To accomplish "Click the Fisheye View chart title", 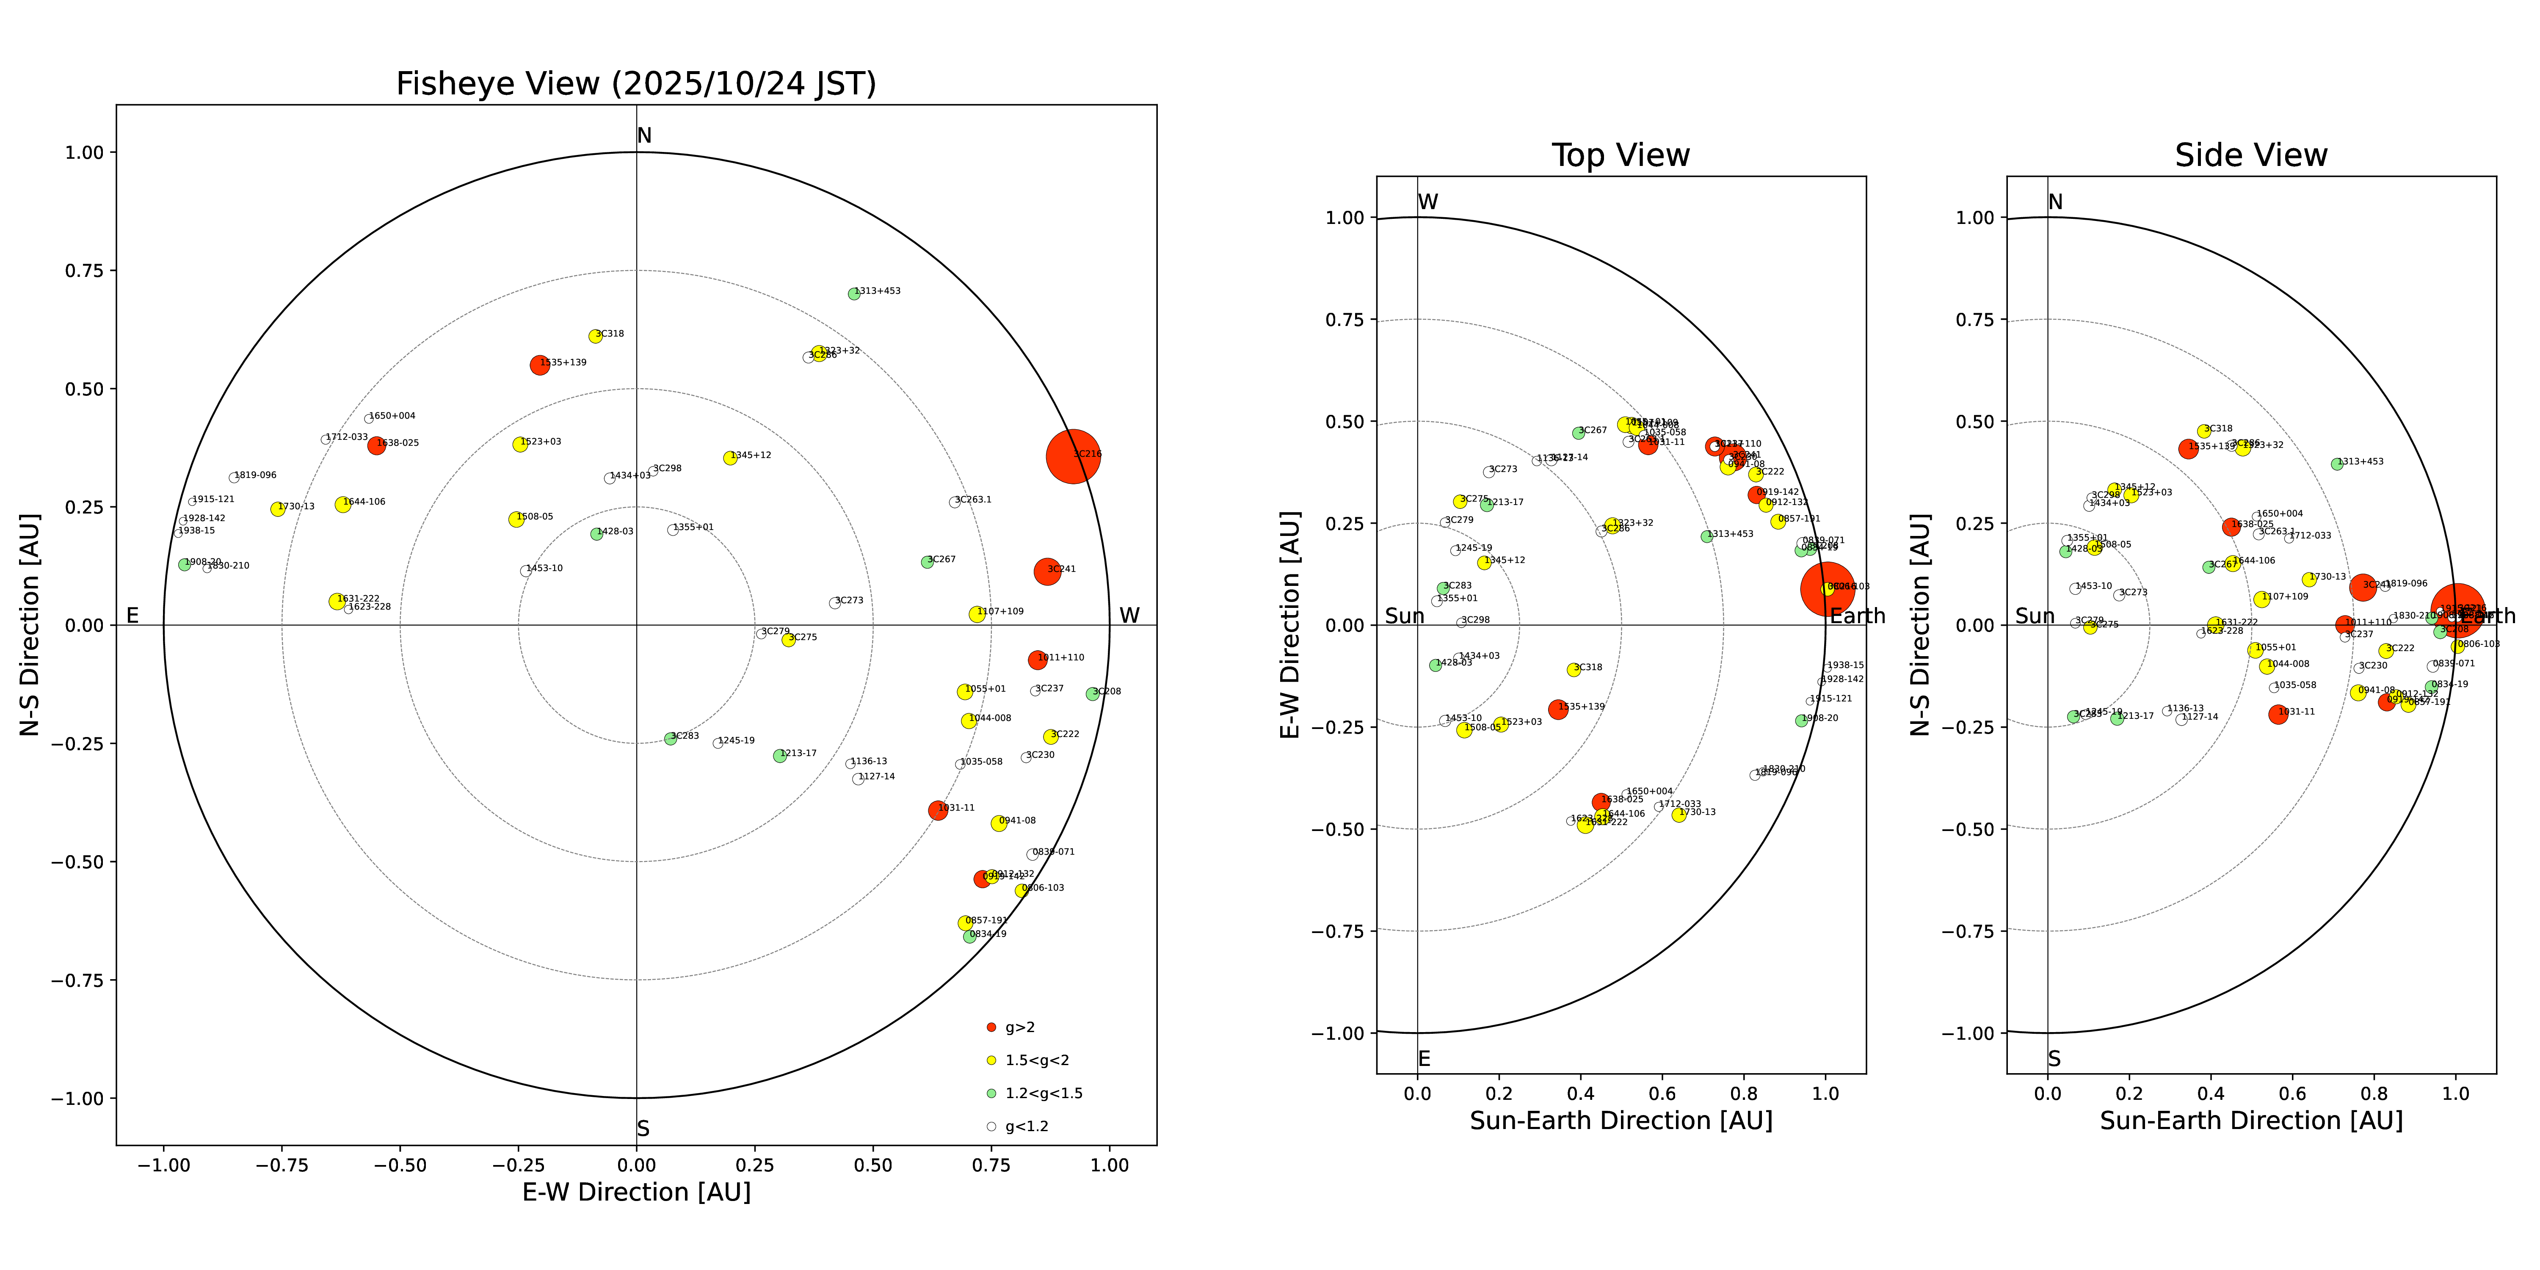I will (636, 84).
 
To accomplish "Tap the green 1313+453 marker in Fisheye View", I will (854, 294).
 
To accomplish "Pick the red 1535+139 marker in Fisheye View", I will (539, 365).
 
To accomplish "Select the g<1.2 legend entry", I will (1025, 1126).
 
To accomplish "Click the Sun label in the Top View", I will (1404, 616).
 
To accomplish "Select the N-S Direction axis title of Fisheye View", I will (30, 624).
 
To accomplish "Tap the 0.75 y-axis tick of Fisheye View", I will (84, 270).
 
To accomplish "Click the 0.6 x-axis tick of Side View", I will (2292, 1093).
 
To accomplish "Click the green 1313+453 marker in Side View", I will (2337, 464).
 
